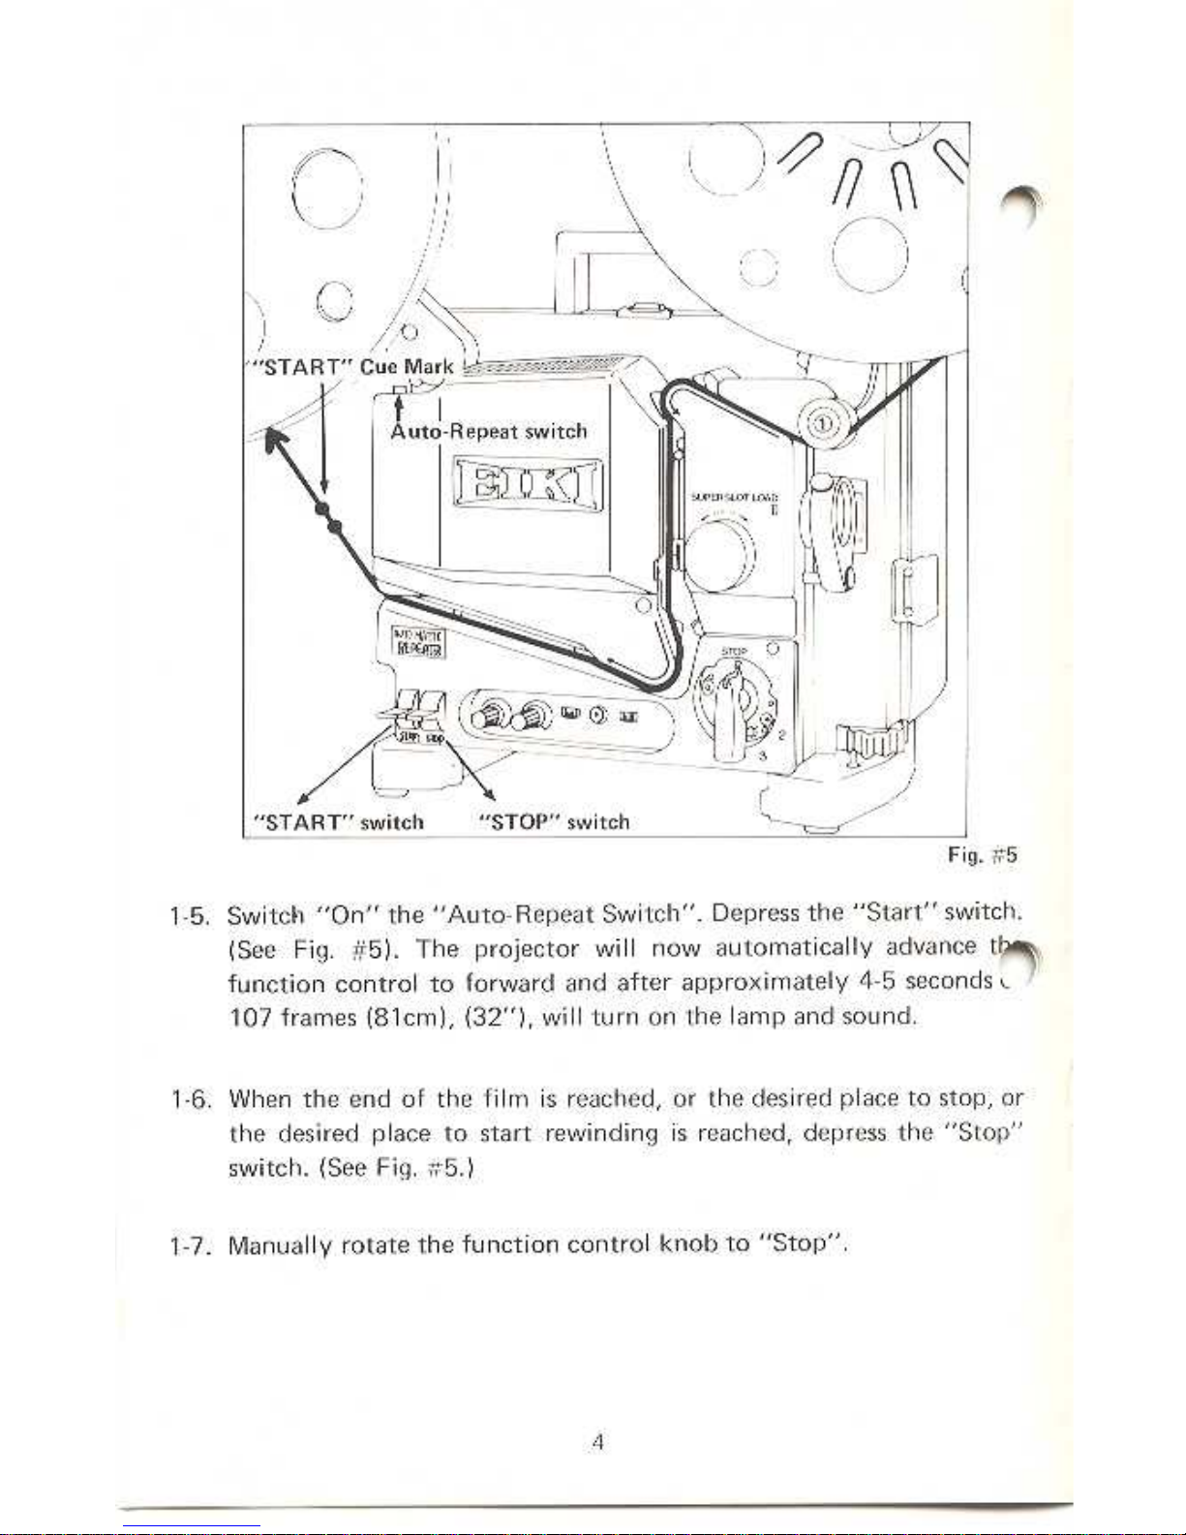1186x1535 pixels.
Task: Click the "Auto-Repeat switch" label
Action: [489, 431]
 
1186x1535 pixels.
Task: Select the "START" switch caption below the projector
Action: [338, 822]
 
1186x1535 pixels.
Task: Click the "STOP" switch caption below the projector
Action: [555, 822]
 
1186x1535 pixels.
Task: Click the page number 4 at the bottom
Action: [597, 1442]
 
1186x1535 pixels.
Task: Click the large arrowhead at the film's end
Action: [280, 446]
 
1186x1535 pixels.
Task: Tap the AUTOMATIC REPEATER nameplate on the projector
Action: [417, 642]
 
